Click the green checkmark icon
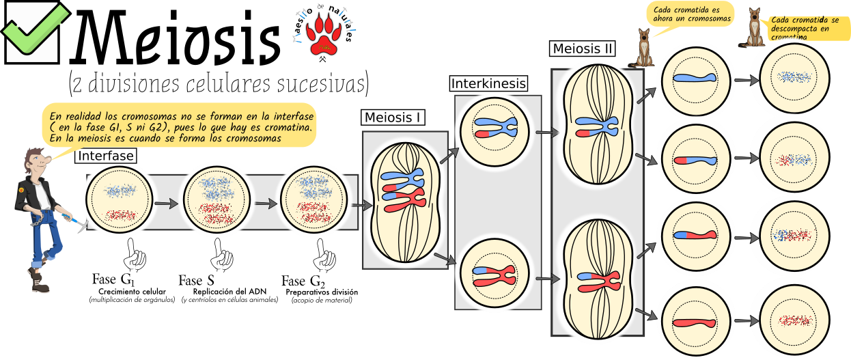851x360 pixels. click(34, 31)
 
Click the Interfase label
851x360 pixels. click(106, 156)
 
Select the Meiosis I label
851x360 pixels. click(392, 117)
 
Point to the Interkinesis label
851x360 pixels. click(488, 83)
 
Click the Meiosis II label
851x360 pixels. click(583, 49)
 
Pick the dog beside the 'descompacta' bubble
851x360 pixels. click(754, 28)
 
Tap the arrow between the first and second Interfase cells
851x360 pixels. click(165, 203)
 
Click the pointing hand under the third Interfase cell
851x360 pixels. click(325, 259)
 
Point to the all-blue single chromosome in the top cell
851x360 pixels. click(694, 78)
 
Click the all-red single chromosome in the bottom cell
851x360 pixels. click(694, 320)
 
